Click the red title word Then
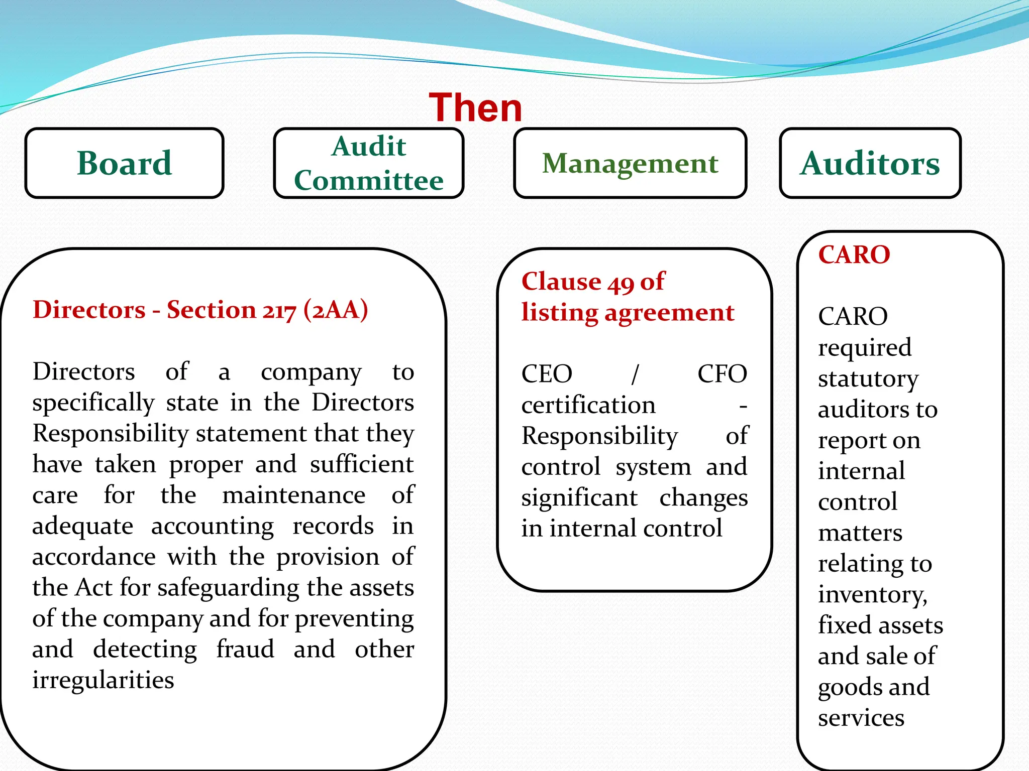pyautogui.click(x=475, y=108)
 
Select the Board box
pyautogui.click(x=124, y=163)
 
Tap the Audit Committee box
pyautogui.click(x=368, y=163)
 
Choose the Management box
pyautogui.click(x=630, y=163)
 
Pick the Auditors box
pyautogui.click(x=870, y=163)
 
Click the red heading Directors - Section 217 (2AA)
pyautogui.click(x=200, y=310)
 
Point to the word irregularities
pyautogui.click(x=103, y=680)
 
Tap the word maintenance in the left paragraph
pyautogui.click(x=293, y=495)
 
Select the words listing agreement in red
pyautogui.click(x=628, y=313)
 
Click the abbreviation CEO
pyautogui.click(x=547, y=374)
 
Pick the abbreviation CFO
pyautogui.click(x=722, y=374)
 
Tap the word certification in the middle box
pyautogui.click(x=588, y=405)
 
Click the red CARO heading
pyautogui.click(x=854, y=254)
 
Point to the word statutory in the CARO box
pyautogui.click(x=868, y=379)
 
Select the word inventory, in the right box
pyautogui.click(x=872, y=595)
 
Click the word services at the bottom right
pyautogui.click(x=861, y=718)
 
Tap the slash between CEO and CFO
pyautogui.click(x=635, y=374)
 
